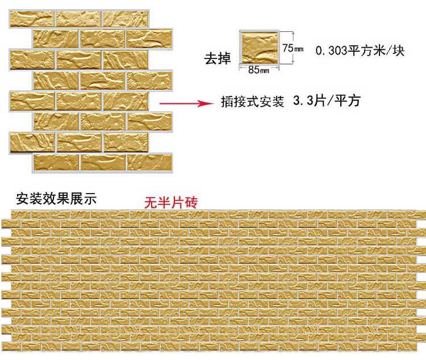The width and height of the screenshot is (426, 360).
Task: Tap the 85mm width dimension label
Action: click(x=257, y=70)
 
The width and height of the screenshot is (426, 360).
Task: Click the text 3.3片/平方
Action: click(x=326, y=102)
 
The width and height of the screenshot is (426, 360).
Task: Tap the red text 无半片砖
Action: click(x=170, y=202)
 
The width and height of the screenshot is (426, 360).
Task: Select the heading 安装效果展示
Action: click(x=57, y=199)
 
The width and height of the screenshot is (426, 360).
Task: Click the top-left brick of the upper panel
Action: click(x=32, y=18)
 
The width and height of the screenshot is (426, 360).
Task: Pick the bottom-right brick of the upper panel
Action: click(x=149, y=162)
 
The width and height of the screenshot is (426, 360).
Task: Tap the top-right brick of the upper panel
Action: click(x=126, y=18)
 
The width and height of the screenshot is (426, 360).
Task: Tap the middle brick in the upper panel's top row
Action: click(x=79, y=18)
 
